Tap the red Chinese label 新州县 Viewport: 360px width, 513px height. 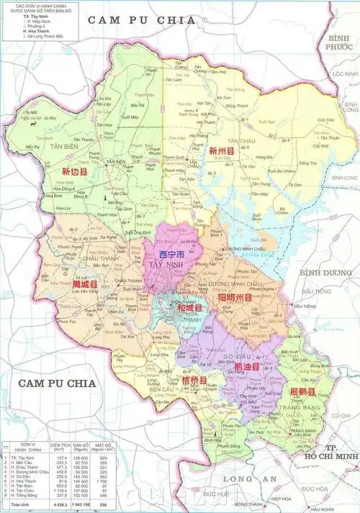[222, 152]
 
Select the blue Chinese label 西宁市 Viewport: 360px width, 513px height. [172, 255]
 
